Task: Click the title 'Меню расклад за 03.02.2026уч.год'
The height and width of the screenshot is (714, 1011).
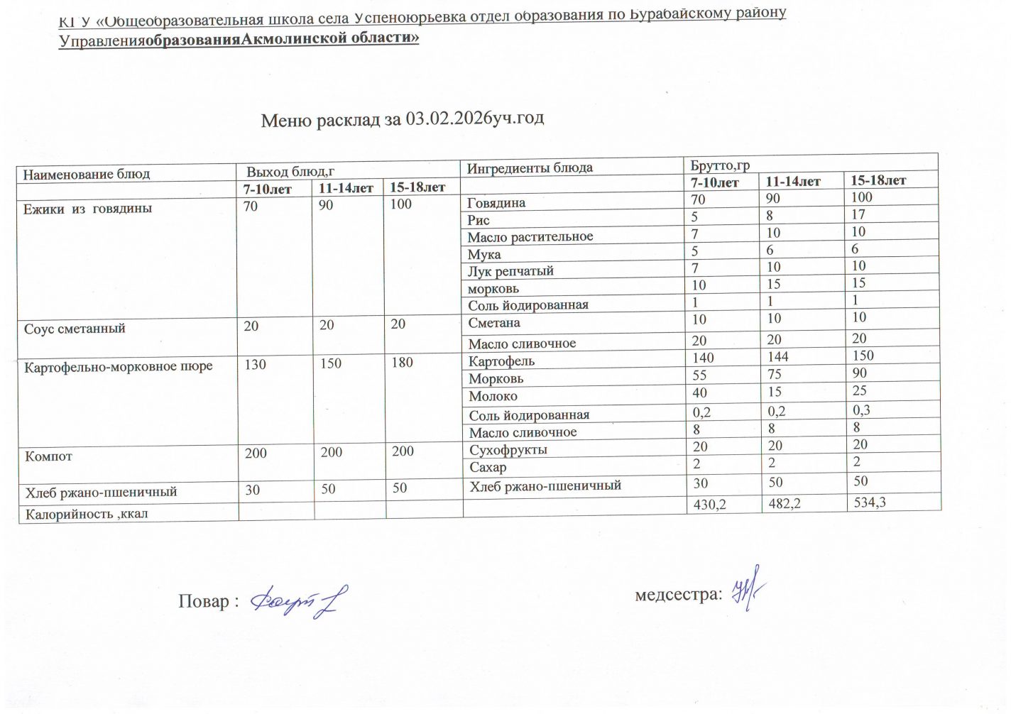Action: point(402,119)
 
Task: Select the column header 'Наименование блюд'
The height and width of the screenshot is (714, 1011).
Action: point(87,174)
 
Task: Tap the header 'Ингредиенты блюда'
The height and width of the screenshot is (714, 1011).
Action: point(530,168)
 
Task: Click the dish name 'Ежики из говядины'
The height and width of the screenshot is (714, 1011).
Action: point(88,209)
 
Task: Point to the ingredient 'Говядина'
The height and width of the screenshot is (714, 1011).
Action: point(496,203)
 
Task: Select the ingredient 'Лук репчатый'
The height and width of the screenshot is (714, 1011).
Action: point(510,271)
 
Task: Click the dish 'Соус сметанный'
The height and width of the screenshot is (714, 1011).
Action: point(75,329)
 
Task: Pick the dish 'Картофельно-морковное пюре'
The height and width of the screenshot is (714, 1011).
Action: point(119,367)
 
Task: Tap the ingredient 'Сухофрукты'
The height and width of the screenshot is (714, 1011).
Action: point(508,450)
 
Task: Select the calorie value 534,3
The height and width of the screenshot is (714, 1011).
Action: point(870,502)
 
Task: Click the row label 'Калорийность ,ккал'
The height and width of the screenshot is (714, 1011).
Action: point(87,513)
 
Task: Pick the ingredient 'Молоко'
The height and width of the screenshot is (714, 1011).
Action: point(493,397)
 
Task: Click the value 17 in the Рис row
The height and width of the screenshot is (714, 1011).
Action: point(858,214)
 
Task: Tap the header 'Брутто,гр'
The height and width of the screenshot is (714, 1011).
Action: point(720,166)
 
